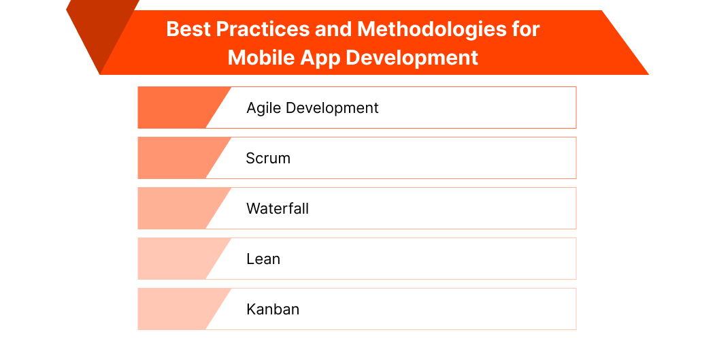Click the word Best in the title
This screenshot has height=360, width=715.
click(187, 29)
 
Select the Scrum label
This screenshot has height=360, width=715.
click(268, 158)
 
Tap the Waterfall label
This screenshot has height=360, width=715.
click(278, 208)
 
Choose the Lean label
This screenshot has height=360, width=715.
click(263, 259)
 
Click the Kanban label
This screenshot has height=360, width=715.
click(273, 309)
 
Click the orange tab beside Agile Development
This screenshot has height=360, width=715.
click(177, 108)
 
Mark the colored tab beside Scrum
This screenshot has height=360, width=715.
click(177, 158)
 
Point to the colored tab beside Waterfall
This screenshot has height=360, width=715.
click(177, 208)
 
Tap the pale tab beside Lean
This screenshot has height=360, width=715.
click(177, 259)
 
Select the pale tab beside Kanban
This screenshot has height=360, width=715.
click(177, 309)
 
